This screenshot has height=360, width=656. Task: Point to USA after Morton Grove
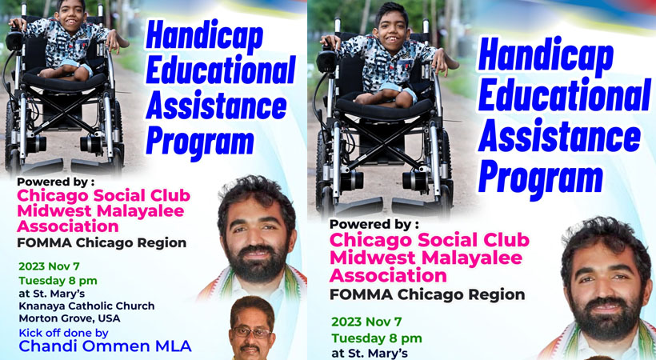109,318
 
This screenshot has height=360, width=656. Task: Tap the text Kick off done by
63,334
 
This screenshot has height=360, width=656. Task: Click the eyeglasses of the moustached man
252,334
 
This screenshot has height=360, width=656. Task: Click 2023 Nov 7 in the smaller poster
49,266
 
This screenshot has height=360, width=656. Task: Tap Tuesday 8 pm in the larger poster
377,338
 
